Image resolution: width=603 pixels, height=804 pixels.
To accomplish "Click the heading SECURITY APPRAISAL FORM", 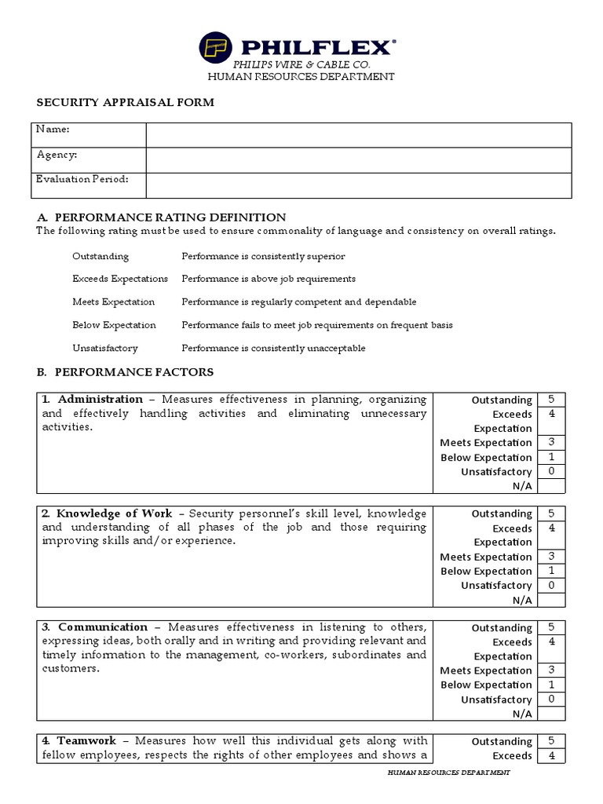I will pos(126,103).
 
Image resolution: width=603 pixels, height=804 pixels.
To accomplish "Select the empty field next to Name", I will pos(358,135).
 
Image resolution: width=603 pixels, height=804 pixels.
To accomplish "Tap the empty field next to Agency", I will pos(358,159).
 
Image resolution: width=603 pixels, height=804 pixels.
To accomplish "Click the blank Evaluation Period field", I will pos(358,185).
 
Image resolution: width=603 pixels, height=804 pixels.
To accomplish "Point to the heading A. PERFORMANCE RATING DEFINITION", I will pos(162,217).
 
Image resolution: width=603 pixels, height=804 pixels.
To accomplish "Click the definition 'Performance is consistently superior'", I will pos(263,257).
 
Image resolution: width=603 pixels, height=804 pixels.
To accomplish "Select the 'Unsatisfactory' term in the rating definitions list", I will pos(104,348).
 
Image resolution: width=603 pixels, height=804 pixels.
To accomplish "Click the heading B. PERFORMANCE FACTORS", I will pos(125,371).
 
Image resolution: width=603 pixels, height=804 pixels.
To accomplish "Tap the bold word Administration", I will pos(100,400).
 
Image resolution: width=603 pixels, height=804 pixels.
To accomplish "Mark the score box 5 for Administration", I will pos(551,400).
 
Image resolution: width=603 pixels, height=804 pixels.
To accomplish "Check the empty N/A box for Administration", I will pos(551,486).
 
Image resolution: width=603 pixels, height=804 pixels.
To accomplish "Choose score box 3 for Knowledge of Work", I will pos(551,557).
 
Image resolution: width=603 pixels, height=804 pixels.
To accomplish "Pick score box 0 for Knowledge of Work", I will pos(551,586).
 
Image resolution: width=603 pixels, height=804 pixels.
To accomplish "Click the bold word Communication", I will pos(102,627).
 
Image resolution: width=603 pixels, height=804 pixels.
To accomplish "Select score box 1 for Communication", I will pos(551,685).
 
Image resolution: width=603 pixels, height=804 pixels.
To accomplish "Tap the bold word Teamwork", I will pos(86,741).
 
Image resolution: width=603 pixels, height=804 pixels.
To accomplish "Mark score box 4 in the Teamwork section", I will pos(551,756).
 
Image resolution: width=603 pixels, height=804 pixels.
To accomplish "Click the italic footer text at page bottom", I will pos(449,773).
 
